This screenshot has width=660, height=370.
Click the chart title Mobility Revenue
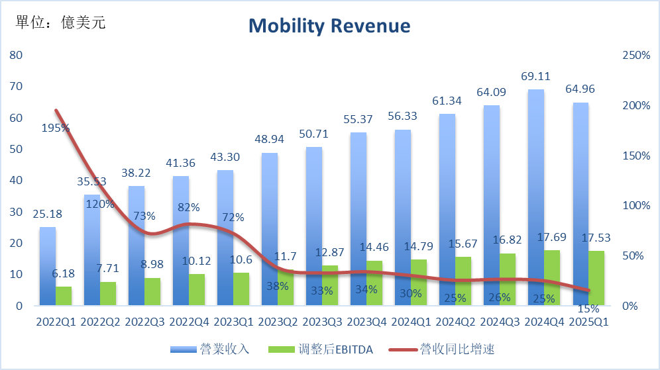(x=329, y=26)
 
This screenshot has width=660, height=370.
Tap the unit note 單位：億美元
(x=60, y=23)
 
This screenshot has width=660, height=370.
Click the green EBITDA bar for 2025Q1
(x=596, y=278)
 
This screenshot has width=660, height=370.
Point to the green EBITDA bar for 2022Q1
(x=64, y=296)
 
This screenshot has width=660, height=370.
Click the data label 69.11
(x=536, y=77)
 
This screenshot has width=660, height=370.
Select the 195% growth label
(x=56, y=128)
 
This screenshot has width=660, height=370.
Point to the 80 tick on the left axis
(x=17, y=55)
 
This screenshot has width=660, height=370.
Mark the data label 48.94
(x=270, y=141)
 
